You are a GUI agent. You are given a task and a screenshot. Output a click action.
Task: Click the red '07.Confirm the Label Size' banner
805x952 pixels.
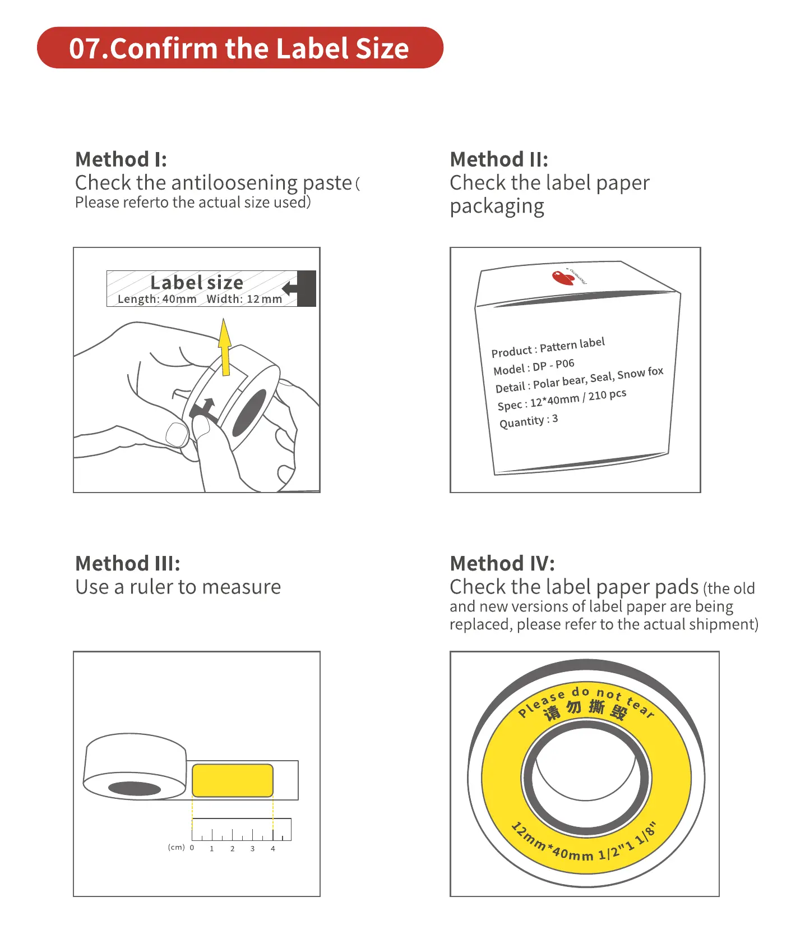[x=239, y=48]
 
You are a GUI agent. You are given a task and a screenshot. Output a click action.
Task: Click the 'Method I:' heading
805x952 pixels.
[x=121, y=160]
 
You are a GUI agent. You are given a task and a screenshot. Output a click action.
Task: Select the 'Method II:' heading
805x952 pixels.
[x=499, y=160]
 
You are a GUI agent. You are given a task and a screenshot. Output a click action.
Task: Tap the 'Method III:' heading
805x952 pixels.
[x=128, y=564]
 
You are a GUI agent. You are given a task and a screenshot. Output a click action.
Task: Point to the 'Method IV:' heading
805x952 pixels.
[x=502, y=564]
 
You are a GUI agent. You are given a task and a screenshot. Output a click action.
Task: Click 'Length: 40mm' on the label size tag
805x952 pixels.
[x=157, y=300]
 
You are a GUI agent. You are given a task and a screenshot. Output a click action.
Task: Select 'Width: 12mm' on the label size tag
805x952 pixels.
[x=244, y=300]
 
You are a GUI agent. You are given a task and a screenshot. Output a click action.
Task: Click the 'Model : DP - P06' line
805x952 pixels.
[x=534, y=367]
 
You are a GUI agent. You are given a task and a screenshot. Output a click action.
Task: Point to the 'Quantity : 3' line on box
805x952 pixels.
[x=528, y=421]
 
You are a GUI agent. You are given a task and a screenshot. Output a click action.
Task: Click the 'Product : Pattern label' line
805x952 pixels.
[x=548, y=347]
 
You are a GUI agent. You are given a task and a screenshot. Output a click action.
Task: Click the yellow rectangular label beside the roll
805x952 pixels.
[x=232, y=780]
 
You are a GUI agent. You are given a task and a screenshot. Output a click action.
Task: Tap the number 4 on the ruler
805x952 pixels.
[x=273, y=849]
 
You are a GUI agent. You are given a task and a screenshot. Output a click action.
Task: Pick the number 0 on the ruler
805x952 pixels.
[x=192, y=848]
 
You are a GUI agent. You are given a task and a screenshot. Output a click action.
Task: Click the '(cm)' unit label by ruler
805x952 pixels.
[x=176, y=848]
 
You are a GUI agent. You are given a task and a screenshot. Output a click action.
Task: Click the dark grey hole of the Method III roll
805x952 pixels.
[x=135, y=788]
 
